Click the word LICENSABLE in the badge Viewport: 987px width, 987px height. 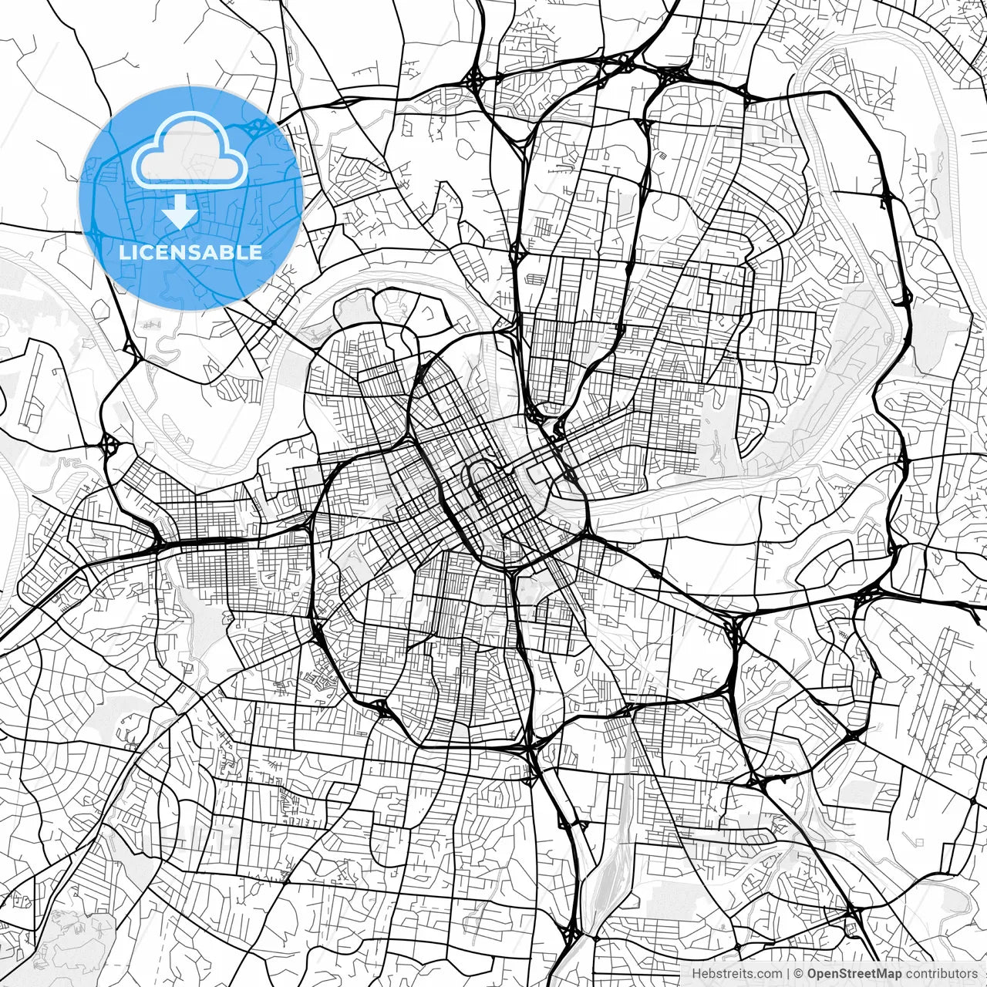point(190,252)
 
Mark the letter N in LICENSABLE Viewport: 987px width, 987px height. point(174,252)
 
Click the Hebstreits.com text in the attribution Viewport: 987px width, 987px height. point(736,974)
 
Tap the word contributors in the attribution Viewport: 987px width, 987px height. point(941,974)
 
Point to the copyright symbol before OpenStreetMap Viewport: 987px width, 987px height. point(800,974)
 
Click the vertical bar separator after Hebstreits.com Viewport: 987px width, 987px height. point(788,974)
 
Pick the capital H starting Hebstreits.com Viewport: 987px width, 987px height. point(696,974)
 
